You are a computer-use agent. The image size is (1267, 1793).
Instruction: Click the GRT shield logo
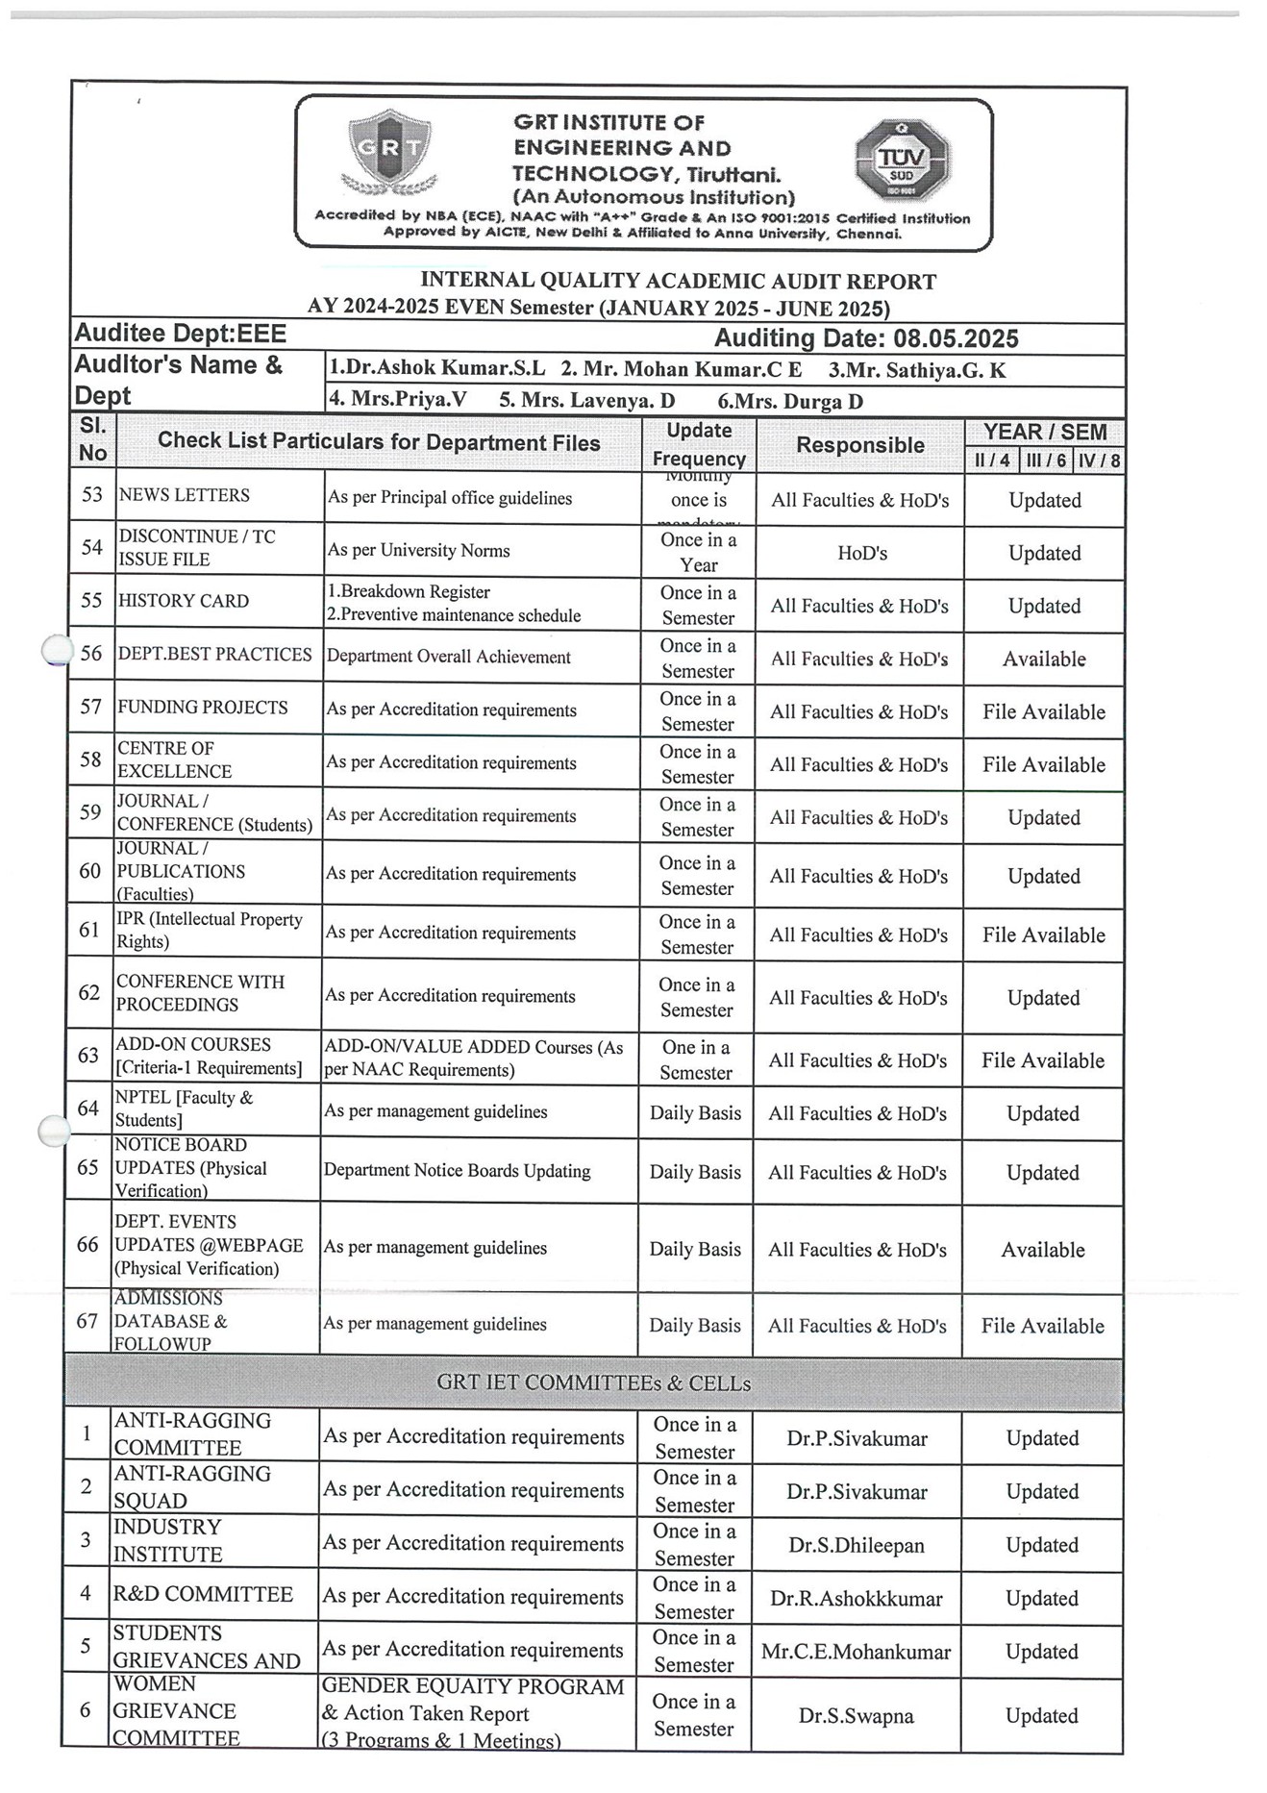pyautogui.click(x=389, y=151)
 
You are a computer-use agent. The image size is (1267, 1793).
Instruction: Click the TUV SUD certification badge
pyautogui.click(x=902, y=162)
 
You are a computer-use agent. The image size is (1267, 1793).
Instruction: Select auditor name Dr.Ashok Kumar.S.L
pyautogui.click(x=437, y=368)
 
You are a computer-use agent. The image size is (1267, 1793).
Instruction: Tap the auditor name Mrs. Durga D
pyautogui.click(x=790, y=401)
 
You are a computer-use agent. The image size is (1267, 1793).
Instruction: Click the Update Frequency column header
pyautogui.click(x=699, y=444)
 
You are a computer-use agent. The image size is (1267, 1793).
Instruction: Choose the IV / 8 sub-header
pyautogui.click(x=1098, y=461)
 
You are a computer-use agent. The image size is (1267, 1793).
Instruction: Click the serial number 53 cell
pyautogui.click(x=92, y=495)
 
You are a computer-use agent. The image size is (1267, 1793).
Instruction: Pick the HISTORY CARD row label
pyautogui.click(x=184, y=601)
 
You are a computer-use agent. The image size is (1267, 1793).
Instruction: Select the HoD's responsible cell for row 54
pyautogui.click(x=862, y=553)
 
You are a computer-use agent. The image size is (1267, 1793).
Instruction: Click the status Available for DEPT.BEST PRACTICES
pyautogui.click(x=1044, y=660)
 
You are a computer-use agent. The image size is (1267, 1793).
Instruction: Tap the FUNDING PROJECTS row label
pyautogui.click(x=203, y=708)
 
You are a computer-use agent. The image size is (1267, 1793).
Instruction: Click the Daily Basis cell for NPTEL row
pyautogui.click(x=695, y=1113)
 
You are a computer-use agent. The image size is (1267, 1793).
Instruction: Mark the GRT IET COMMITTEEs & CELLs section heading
pyautogui.click(x=593, y=1382)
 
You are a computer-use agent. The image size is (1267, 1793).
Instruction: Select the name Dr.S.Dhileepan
pyautogui.click(x=857, y=1545)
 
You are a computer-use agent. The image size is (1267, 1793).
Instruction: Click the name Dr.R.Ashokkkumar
pyautogui.click(x=857, y=1599)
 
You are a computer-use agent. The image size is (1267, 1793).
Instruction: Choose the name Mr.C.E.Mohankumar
pyautogui.click(x=856, y=1652)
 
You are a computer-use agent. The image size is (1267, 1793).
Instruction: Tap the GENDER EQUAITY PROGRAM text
pyautogui.click(x=473, y=1686)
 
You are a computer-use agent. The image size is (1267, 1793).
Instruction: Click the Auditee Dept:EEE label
pyautogui.click(x=181, y=334)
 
